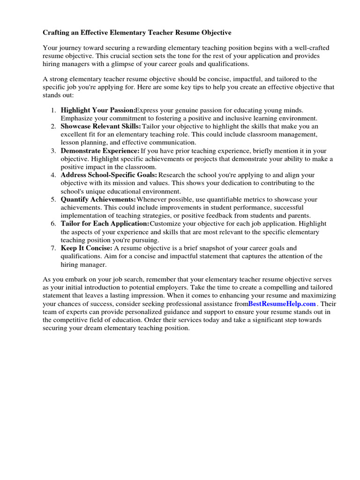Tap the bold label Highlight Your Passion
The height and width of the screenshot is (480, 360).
[x=98, y=110]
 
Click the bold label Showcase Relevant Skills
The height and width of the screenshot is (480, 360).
[x=101, y=127]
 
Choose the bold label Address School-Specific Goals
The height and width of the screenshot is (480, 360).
[x=109, y=175]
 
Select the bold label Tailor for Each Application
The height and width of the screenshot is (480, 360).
[x=105, y=224]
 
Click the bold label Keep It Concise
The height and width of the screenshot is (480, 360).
[x=87, y=248]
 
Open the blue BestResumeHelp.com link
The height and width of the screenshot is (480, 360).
[x=282, y=304]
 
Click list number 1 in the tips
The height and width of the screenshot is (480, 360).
[x=53, y=110]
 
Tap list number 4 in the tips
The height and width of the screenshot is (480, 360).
[x=53, y=175]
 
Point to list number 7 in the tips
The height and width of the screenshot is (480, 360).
[x=53, y=248]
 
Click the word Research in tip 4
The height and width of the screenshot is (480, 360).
[x=173, y=175]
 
